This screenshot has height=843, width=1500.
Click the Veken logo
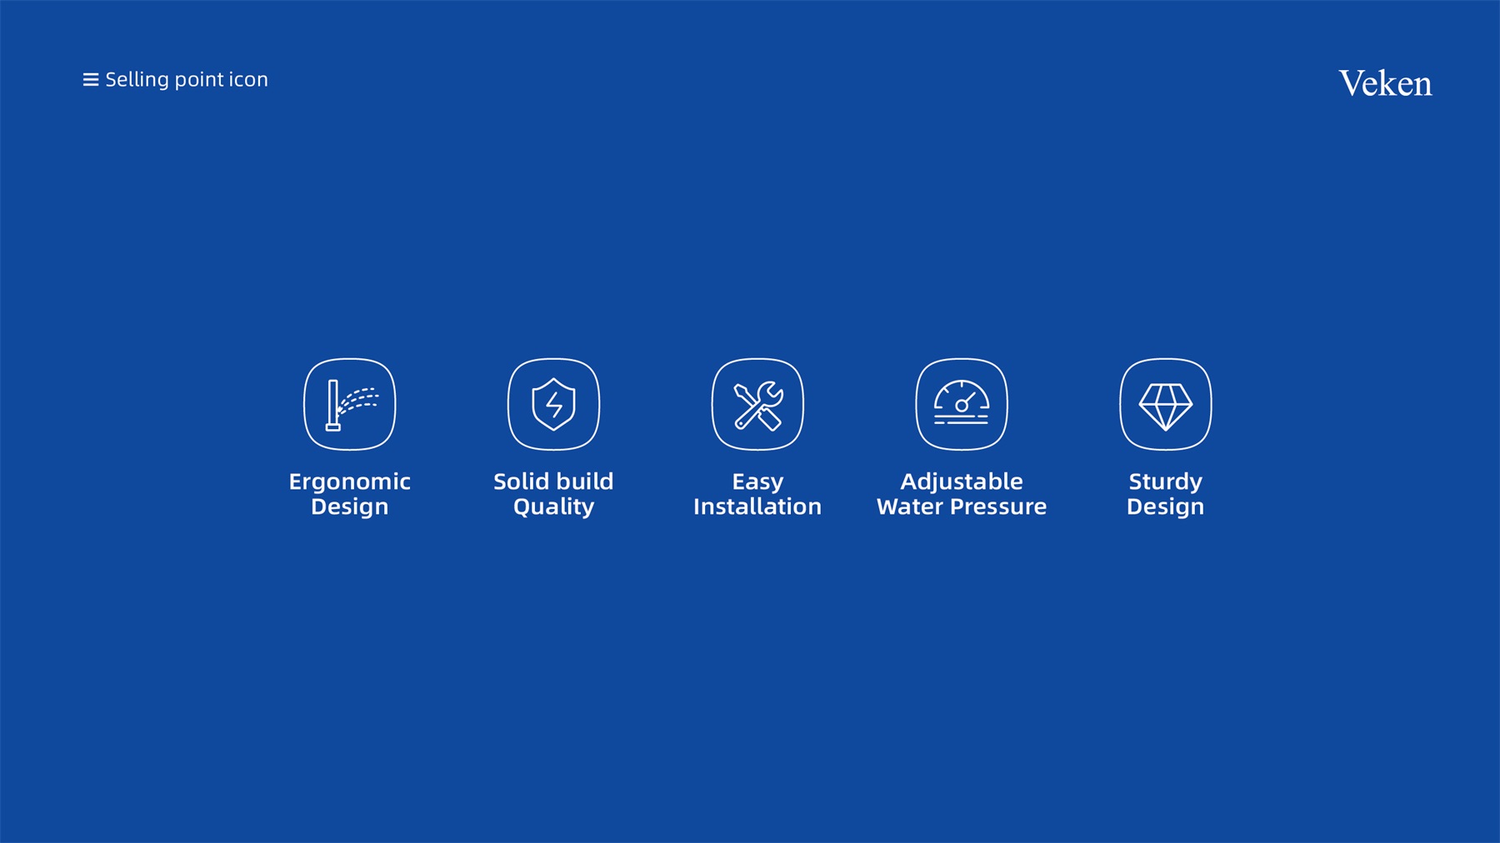click(1385, 83)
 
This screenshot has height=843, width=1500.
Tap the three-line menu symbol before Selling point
click(91, 80)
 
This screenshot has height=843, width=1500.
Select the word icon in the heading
click(248, 80)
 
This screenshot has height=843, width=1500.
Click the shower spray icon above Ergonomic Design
click(350, 405)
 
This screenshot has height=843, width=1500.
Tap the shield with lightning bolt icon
click(553, 405)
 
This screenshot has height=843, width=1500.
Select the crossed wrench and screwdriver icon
click(757, 405)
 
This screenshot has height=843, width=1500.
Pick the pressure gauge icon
click(962, 405)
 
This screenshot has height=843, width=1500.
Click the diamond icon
click(1165, 405)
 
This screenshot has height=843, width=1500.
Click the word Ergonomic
click(350, 482)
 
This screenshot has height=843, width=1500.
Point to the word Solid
click(520, 481)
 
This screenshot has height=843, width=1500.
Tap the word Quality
click(553, 507)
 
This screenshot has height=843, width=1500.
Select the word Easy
click(757, 482)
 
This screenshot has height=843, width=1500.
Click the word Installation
click(757, 506)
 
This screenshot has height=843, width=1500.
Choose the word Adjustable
click(962, 482)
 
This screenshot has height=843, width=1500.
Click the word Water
click(910, 506)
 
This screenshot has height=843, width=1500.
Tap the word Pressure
click(998, 506)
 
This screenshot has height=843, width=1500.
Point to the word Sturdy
click(1165, 482)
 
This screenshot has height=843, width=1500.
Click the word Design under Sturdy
click(1165, 507)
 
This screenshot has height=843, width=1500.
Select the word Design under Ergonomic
click(350, 507)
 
